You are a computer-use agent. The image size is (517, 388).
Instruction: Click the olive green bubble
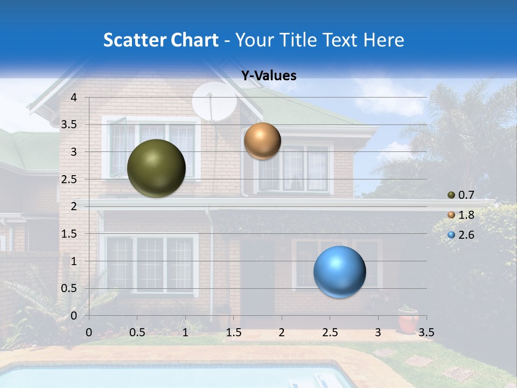tap(156, 168)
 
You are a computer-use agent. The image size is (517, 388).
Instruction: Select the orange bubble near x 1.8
tap(262, 141)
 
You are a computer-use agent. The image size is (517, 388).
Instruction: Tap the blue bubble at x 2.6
tap(339, 272)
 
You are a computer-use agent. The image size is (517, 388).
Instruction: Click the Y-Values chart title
tap(268, 76)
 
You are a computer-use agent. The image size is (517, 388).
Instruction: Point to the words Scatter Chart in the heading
tap(160, 40)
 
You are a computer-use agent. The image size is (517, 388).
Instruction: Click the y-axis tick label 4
tap(73, 98)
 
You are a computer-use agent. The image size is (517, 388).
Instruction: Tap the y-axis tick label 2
tap(73, 206)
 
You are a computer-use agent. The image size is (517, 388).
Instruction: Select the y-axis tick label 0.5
tap(68, 288)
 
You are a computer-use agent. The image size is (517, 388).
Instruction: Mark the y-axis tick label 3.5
tap(68, 125)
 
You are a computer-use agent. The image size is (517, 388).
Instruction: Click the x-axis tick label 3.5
tap(426, 332)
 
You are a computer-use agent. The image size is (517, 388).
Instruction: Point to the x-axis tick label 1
tap(185, 332)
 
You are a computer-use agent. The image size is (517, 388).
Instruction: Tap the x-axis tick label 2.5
tap(330, 332)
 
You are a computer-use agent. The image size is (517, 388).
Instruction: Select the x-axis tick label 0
tap(89, 332)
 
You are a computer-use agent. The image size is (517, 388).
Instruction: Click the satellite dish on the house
tap(214, 101)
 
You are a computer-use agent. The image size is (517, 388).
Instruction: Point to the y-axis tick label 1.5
tap(68, 234)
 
